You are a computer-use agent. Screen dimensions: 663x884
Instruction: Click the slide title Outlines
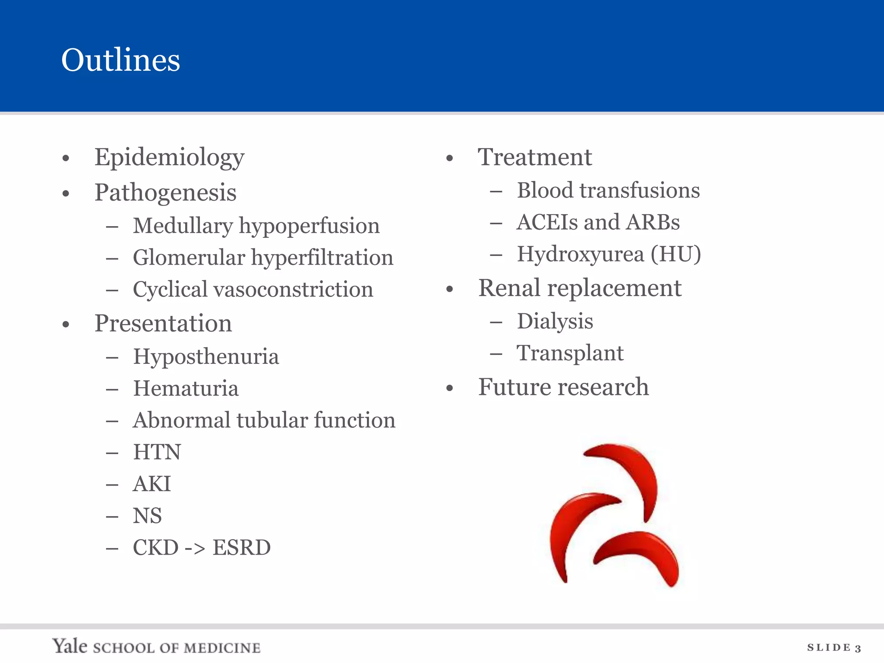point(120,60)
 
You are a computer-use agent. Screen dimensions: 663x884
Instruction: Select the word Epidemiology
point(169,158)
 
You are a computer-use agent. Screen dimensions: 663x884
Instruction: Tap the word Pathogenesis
point(165,193)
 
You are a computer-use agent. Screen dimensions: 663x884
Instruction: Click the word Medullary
point(183,226)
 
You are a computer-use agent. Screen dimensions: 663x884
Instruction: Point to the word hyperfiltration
point(322,258)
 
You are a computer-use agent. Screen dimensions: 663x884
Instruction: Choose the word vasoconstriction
point(293,290)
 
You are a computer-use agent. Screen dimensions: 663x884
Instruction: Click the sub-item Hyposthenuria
point(206,357)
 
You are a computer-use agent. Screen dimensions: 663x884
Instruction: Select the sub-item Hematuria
point(186,388)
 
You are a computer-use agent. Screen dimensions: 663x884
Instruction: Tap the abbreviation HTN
point(157,452)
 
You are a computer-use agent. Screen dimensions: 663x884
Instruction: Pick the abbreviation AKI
point(152,484)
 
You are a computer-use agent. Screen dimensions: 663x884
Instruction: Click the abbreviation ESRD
point(241,548)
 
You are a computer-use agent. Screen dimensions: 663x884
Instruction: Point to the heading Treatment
point(535,157)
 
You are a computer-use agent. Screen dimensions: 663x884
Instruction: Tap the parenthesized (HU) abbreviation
point(676,254)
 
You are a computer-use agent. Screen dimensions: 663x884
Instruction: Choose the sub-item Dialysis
point(555,322)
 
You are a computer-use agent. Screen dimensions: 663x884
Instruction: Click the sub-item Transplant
point(570,354)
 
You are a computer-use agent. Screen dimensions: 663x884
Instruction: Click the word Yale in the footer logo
point(69,646)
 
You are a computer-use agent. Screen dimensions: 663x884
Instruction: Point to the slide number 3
point(858,648)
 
